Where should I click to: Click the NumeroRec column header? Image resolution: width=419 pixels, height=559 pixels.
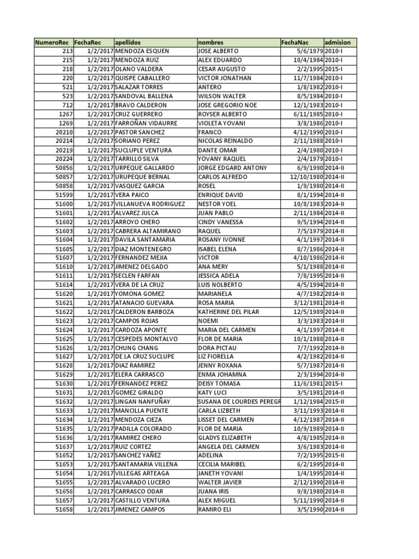point(52,42)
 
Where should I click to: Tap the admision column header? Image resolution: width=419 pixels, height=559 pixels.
point(338,42)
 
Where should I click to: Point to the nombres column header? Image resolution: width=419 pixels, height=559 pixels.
point(211,42)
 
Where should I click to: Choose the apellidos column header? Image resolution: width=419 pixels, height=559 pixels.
point(128,42)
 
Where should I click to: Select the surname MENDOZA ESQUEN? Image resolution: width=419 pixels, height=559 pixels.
point(142,51)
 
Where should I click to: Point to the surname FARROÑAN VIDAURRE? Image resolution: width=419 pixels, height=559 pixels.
point(146,123)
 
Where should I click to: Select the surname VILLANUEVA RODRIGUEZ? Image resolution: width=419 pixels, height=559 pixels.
point(150,204)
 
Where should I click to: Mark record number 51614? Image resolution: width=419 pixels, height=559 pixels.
point(64,285)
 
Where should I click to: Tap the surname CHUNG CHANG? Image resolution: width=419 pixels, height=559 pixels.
point(136,348)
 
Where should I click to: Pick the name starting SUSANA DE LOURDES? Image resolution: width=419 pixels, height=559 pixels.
point(239,402)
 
